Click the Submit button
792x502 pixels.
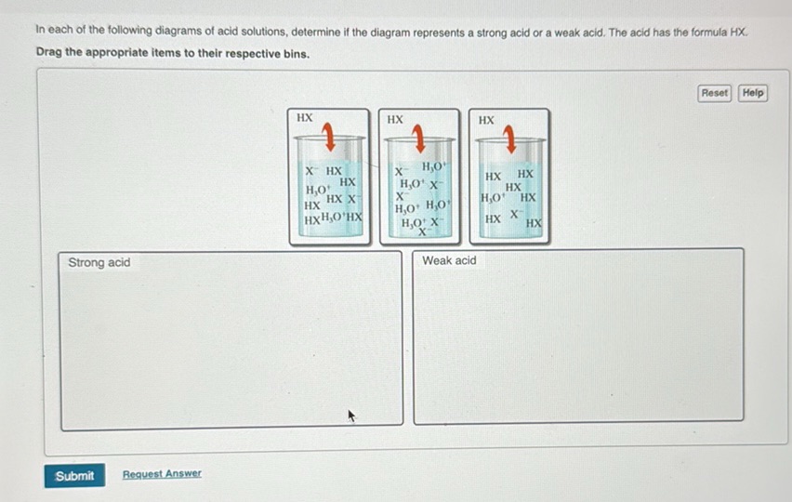coord(74,476)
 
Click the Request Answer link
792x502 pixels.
coord(162,474)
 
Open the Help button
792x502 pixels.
coord(753,93)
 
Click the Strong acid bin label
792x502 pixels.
coord(99,263)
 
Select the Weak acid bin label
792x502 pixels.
coord(449,261)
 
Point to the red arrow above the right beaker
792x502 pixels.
coord(509,139)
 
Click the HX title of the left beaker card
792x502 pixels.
coord(304,118)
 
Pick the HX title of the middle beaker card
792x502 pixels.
coord(395,119)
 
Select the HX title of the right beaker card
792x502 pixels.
coord(486,120)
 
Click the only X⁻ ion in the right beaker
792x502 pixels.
coord(514,215)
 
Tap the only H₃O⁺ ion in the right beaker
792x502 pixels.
coord(493,198)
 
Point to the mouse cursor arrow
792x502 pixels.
coord(352,416)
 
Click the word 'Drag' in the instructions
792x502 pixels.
coord(51,53)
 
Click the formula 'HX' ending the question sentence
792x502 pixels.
coord(738,32)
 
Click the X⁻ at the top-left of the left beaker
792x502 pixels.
coord(313,172)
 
